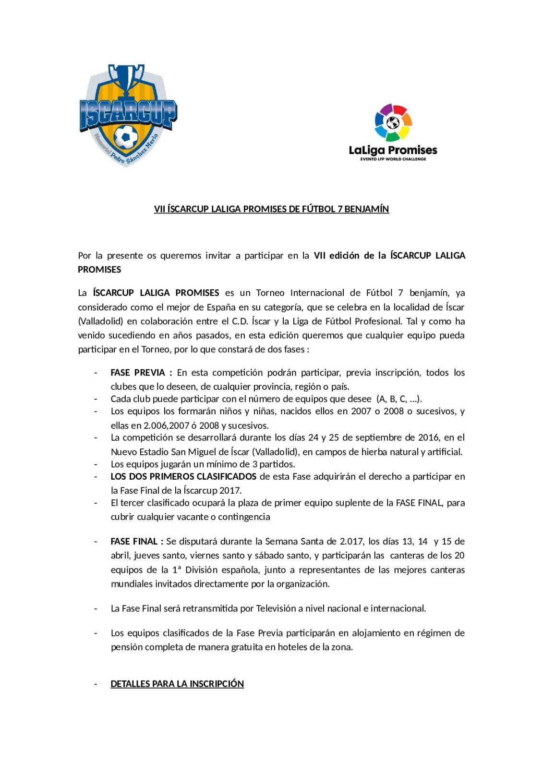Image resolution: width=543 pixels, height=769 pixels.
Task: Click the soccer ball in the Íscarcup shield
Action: [x=126, y=137]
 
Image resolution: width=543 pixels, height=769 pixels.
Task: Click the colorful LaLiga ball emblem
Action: [x=393, y=123]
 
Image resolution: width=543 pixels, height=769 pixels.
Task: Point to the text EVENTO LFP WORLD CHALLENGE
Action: [x=393, y=159]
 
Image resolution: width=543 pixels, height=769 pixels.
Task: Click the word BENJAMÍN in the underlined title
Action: [x=367, y=209]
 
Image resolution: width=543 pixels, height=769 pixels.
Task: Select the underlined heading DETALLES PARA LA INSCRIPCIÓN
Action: [x=177, y=684]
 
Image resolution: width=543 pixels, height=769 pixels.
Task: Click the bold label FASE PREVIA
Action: [x=138, y=372]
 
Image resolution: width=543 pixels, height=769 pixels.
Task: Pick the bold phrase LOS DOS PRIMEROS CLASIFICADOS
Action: [x=183, y=476]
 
